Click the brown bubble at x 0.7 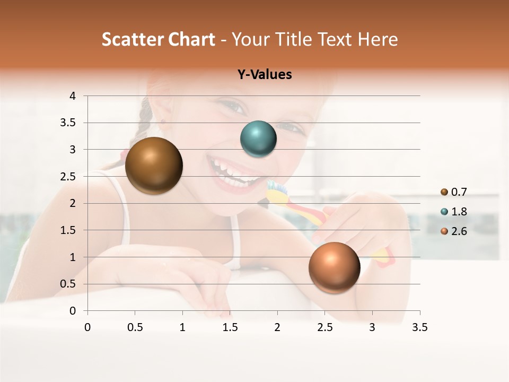[x=154, y=166]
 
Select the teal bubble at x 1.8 [x=258, y=139]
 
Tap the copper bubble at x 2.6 [x=334, y=267]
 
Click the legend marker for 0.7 [x=444, y=192]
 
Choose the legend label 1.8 [x=459, y=212]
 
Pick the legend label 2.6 [x=459, y=231]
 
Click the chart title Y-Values [x=265, y=75]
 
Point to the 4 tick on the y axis [x=73, y=96]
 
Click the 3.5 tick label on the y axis [x=69, y=123]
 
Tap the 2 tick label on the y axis [x=73, y=203]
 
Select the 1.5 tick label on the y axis [x=69, y=230]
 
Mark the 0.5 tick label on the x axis [x=135, y=327]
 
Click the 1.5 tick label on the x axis [x=230, y=327]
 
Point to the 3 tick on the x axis [x=372, y=327]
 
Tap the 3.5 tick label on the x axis [x=419, y=327]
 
